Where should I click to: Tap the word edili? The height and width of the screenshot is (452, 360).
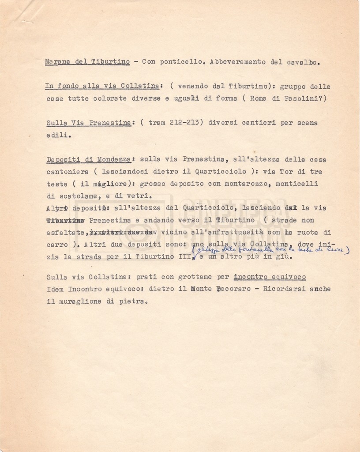coord(58,136)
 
